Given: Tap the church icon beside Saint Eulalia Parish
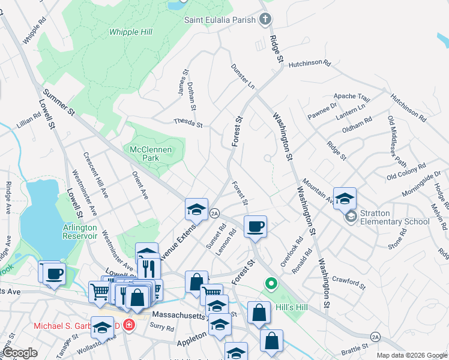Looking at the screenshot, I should [265, 20].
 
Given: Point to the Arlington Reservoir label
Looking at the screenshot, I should [80, 232].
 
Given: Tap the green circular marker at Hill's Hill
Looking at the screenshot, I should [271, 283].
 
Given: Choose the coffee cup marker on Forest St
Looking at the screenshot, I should [255, 227].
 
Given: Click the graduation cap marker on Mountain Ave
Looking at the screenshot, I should [345, 199].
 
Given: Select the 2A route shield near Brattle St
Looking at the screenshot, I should [375, 336].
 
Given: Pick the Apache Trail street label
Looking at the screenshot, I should [352, 97].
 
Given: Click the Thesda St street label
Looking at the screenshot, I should [188, 122].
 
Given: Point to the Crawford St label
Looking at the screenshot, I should [349, 281].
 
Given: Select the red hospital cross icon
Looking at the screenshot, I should [127, 325].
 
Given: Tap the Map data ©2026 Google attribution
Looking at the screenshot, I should [412, 355].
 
